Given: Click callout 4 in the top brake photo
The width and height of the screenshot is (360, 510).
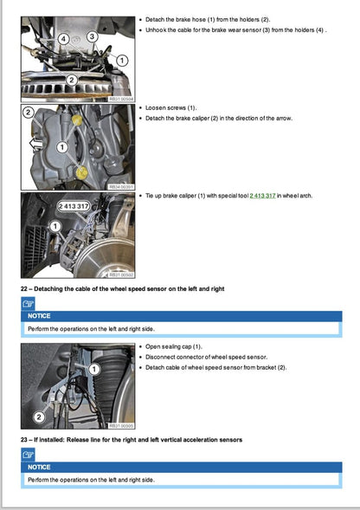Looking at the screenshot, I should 64,39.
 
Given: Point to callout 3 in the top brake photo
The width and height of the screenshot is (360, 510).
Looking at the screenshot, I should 90,36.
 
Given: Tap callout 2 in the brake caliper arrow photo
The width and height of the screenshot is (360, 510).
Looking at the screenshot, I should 28,113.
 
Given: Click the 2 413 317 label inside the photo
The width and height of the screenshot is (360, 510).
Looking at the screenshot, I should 75,206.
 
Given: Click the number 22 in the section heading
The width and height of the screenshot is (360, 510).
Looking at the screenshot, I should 25,287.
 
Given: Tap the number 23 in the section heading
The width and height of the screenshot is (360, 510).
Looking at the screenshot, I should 25,440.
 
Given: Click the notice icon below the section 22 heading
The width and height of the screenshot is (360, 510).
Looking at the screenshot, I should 29,302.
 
